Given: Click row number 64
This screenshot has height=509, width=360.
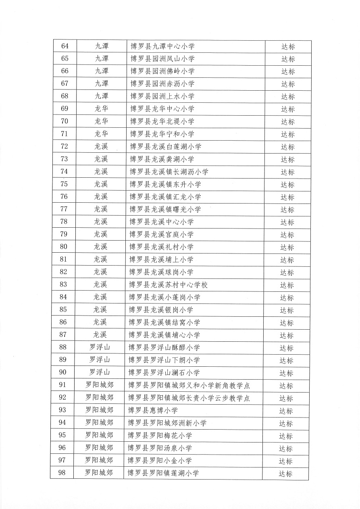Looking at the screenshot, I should click(65, 46).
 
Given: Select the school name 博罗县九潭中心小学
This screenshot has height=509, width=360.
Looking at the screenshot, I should click(162, 46).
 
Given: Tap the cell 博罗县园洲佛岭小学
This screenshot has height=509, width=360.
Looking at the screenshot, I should click(162, 71).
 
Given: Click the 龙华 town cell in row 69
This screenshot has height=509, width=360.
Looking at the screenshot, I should click(101, 109).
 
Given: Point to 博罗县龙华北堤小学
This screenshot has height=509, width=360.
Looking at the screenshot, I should click(162, 121).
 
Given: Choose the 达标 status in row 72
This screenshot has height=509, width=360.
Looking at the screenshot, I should click(288, 147).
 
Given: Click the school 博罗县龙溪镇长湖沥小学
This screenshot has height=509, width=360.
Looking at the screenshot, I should click(169, 172).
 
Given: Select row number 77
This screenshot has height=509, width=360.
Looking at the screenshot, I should click(64, 209).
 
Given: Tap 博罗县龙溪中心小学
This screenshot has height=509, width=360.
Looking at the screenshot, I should click(162, 222).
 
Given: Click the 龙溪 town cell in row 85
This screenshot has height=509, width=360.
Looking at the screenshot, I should click(100, 310).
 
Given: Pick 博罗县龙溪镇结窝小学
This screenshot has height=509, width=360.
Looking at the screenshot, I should click(164, 322).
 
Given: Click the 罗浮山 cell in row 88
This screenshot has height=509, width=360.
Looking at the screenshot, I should click(99, 347).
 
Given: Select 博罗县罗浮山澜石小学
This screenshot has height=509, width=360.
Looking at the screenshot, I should click(164, 372).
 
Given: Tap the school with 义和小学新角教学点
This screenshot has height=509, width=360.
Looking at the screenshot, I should click(189, 385).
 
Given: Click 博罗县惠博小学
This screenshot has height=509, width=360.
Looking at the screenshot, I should click(153, 410).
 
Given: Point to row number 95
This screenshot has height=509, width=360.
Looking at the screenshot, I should click(62, 435).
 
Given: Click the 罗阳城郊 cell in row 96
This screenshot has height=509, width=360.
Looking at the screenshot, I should click(99, 448).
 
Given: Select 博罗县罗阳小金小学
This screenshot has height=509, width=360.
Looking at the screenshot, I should click(160, 461).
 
